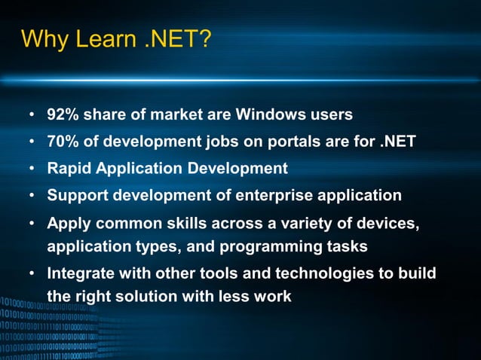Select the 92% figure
coord(62,115)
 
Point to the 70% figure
coord(62,142)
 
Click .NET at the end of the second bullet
coord(395,142)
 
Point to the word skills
coord(188,224)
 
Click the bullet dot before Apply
coord(33,224)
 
